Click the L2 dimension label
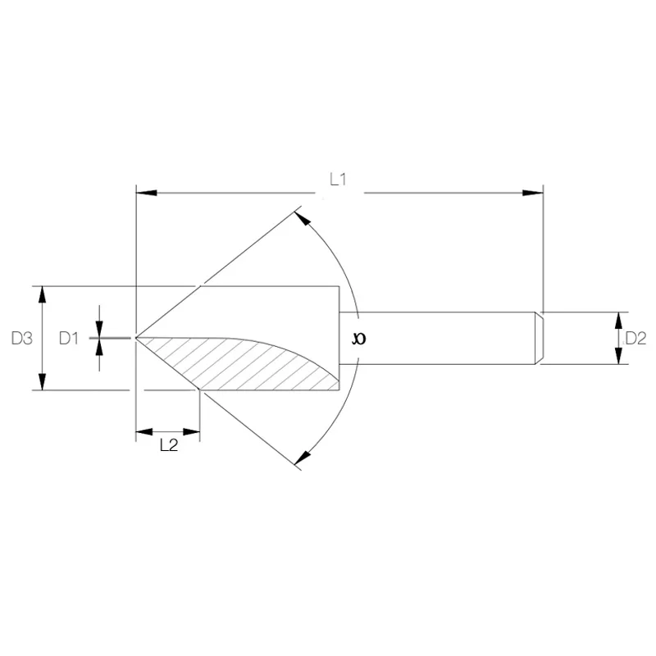[x=168, y=445]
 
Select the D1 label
[x=70, y=337]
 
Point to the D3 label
[x=22, y=337]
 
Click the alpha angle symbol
[x=358, y=338]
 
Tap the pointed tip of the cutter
[x=135, y=337]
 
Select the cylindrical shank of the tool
[x=443, y=337]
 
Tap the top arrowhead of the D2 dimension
[x=620, y=318]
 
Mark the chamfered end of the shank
[x=540, y=337]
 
